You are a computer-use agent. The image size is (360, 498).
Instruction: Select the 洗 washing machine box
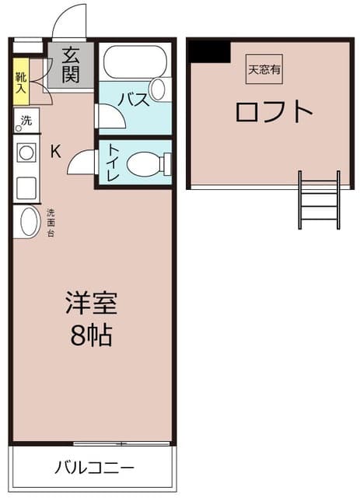(26, 121)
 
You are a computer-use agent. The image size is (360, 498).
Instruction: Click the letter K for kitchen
(55, 151)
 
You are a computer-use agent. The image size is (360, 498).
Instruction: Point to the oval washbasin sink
(28, 222)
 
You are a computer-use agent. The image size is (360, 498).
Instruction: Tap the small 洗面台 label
(51, 223)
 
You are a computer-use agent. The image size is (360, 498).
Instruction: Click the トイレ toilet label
(112, 163)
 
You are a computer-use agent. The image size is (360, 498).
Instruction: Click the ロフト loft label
(274, 111)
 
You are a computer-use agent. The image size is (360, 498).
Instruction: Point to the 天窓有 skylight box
(264, 69)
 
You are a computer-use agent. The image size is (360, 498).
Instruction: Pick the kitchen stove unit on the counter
(26, 152)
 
